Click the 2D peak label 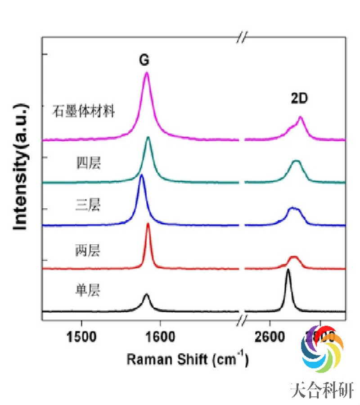click(298, 99)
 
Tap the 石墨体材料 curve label click(85, 111)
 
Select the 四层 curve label click(88, 163)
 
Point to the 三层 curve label click(88, 206)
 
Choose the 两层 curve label click(88, 250)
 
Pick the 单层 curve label click(88, 290)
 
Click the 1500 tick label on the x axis click(81, 336)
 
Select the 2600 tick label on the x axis click(270, 336)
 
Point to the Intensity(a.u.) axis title click(21, 167)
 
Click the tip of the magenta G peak click(146, 73)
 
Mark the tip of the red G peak click(148, 224)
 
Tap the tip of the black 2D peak click(288, 270)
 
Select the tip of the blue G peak click(142, 175)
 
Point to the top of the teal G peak click(148, 137)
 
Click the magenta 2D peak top click(301, 117)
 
